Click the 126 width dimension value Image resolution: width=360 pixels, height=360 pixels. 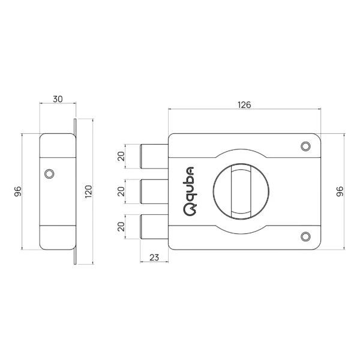[x=244, y=104]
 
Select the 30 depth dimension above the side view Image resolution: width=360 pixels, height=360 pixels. [x=58, y=98]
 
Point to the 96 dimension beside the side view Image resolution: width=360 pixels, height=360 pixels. [x=17, y=192]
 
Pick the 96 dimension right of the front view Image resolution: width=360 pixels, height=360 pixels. [x=340, y=192]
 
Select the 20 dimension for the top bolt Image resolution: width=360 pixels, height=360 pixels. [x=121, y=157]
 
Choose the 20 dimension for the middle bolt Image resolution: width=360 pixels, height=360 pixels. [x=121, y=192]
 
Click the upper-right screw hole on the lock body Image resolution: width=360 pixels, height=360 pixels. [x=305, y=146]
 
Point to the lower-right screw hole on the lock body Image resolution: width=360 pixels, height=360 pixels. [x=305, y=237]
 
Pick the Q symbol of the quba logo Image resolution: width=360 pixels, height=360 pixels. [x=189, y=209]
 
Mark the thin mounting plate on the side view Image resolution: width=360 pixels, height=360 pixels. [x=75, y=192]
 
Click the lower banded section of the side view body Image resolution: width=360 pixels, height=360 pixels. [x=56, y=237]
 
